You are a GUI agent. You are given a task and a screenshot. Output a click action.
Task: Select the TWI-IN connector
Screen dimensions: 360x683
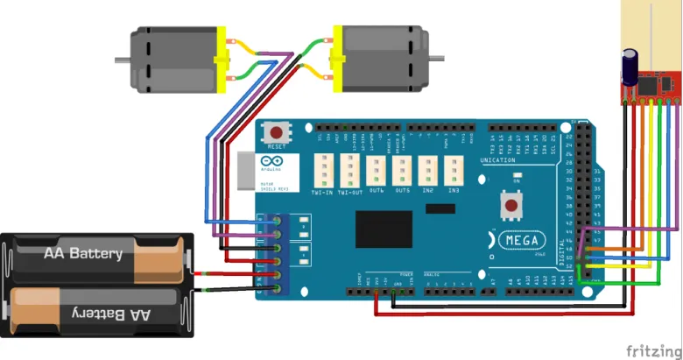click(x=321, y=169)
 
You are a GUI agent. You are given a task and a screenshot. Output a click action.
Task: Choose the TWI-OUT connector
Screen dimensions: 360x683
click(x=349, y=169)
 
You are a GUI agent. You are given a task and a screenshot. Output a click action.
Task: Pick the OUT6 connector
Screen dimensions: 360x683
click(x=377, y=169)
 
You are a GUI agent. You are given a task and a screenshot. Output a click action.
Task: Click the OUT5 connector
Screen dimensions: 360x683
click(x=402, y=169)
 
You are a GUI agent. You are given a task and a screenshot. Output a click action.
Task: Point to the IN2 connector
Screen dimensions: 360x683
click(x=428, y=169)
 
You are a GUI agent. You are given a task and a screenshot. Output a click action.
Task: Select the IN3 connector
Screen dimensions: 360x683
click(x=454, y=169)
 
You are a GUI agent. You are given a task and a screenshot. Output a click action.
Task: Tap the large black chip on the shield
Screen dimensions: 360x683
click(x=384, y=230)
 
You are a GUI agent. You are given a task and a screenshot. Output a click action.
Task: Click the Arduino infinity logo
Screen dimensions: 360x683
click(x=269, y=162)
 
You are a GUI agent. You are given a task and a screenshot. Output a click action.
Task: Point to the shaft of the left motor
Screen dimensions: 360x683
click(x=122, y=60)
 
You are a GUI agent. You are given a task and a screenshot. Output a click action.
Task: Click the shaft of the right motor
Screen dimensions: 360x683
click(x=435, y=60)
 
